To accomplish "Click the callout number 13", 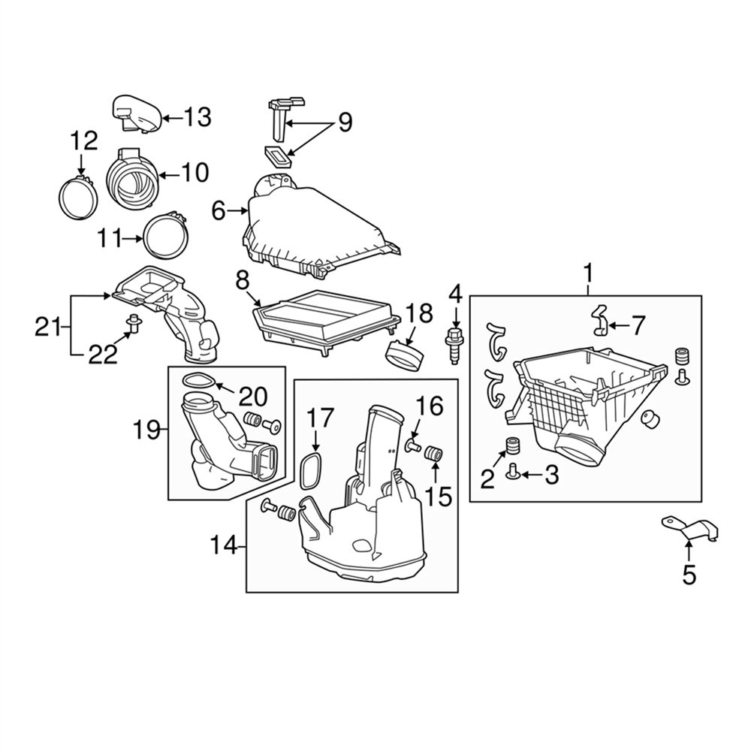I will [x=198, y=117].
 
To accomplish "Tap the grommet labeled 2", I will [x=513, y=445].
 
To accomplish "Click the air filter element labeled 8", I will [x=326, y=322].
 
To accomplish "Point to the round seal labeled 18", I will [x=405, y=355].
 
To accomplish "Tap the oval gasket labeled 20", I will [x=197, y=381].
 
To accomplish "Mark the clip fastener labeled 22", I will [x=133, y=326].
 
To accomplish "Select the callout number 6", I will [x=218, y=211].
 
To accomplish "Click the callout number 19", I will [x=147, y=430].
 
